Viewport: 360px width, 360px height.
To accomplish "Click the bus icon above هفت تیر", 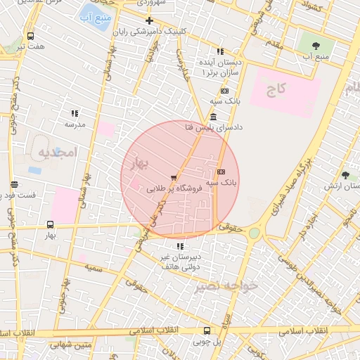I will [x=30, y=36].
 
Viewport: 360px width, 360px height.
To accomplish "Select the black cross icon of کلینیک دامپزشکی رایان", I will [x=149, y=20].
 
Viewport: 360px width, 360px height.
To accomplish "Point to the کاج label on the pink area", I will [x=277, y=89].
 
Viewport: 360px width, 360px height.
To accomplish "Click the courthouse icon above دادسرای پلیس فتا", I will [x=213, y=117].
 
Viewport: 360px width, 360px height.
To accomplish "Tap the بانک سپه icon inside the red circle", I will [x=221, y=172].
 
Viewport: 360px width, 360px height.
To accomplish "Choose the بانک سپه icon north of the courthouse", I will [x=224, y=91].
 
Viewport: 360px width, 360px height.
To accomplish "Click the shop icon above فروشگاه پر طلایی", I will [x=174, y=178].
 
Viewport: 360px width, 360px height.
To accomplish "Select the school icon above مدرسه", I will [x=75, y=113].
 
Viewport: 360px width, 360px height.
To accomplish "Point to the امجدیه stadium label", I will [x=55, y=152].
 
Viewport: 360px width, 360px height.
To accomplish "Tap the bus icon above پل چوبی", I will [x=207, y=330].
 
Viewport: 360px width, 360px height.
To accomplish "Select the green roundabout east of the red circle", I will [x=254, y=233].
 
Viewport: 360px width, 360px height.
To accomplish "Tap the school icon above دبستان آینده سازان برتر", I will [x=220, y=51].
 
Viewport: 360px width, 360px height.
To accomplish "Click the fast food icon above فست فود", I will [x=14, y=184].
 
